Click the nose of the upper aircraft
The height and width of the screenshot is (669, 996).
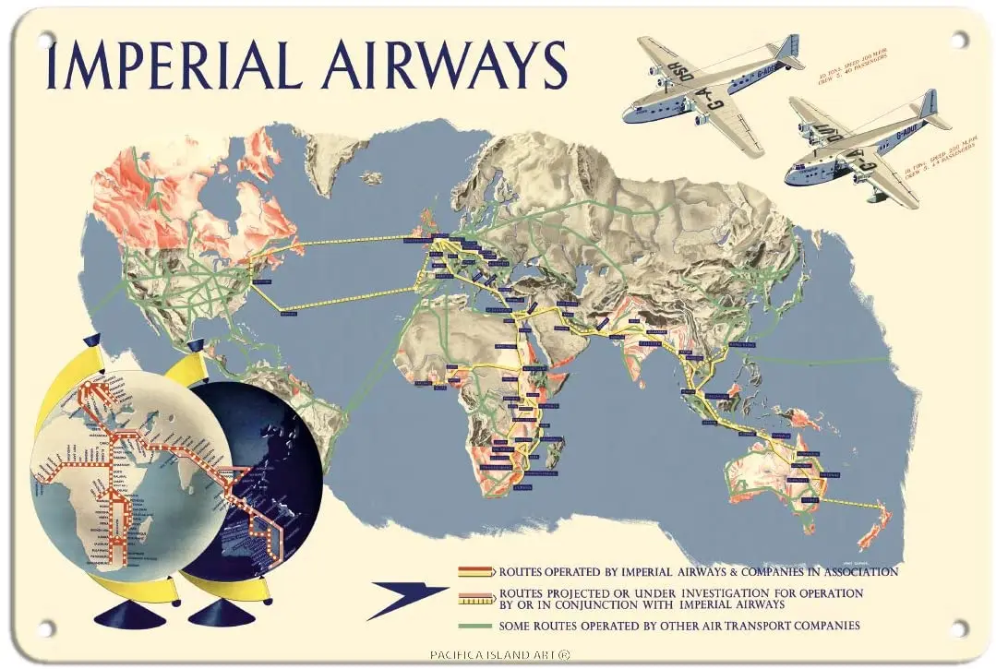(x=629, y=113)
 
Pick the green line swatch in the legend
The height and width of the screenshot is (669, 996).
(x=476, y=627)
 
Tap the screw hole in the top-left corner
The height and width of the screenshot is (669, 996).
(x=43, y=39)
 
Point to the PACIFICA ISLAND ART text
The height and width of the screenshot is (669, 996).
(x=498, y=655)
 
